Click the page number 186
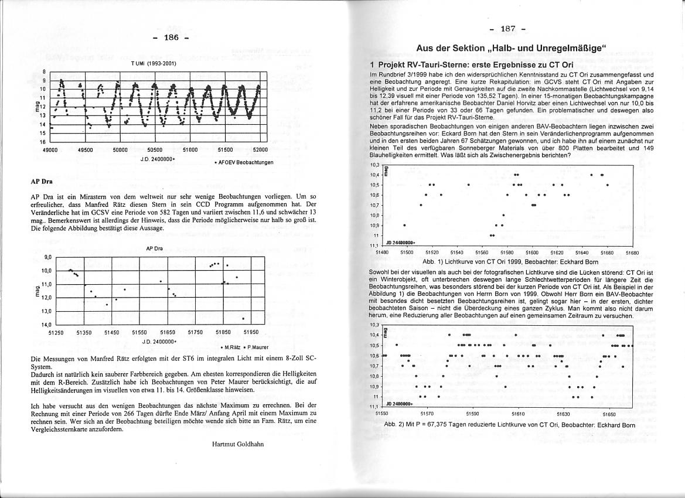tap(171, 39)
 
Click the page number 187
tap(507, 28)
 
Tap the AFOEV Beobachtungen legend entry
tap(246, 162)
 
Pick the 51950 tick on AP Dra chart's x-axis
tap(251, 332)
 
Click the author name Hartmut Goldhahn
tap(238, 444)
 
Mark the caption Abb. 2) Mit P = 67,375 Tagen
tap(509, 425)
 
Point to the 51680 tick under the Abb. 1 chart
tap(632, 252)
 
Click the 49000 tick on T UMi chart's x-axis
tap(50, 150)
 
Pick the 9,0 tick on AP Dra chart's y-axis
tap(47, 257)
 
